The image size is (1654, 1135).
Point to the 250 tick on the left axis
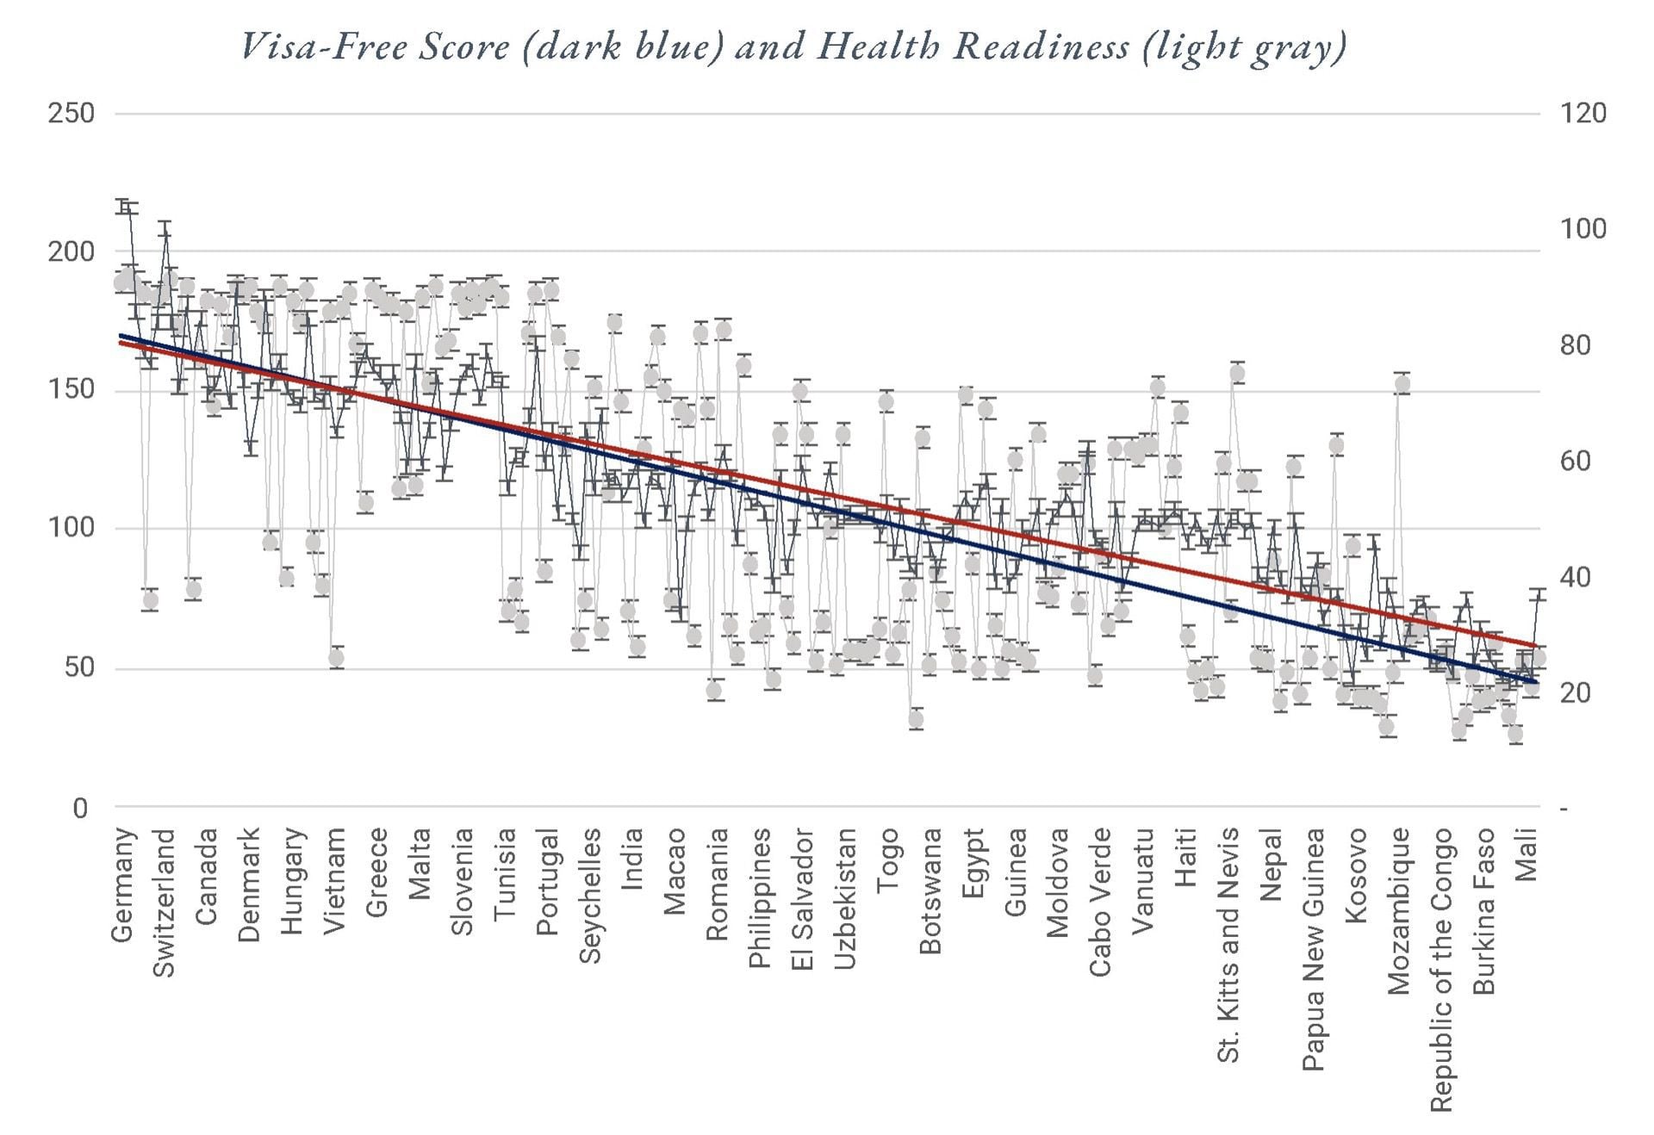tap(71, 113)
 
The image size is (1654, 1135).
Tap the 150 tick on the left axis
tap(71, 390)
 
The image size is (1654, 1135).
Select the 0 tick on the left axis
tap(80, 808)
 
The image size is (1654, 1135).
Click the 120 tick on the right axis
tap(1583, 113)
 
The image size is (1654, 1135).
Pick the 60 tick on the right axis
tap(1583, 461)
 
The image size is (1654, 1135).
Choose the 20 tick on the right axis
tap(1583, 692)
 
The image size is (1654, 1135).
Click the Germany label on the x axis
tap(124, 884)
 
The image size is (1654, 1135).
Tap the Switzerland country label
tap(164, 903)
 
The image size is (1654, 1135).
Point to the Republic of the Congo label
tap(1441, 970)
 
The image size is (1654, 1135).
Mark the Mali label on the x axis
tap(1526, 854)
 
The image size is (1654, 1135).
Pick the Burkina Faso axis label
tap(1483, 911)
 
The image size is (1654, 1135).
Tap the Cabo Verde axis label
tap(1101, 902)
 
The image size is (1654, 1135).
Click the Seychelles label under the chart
tap(590, 896)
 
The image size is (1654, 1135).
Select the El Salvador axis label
tap(803, 899)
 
